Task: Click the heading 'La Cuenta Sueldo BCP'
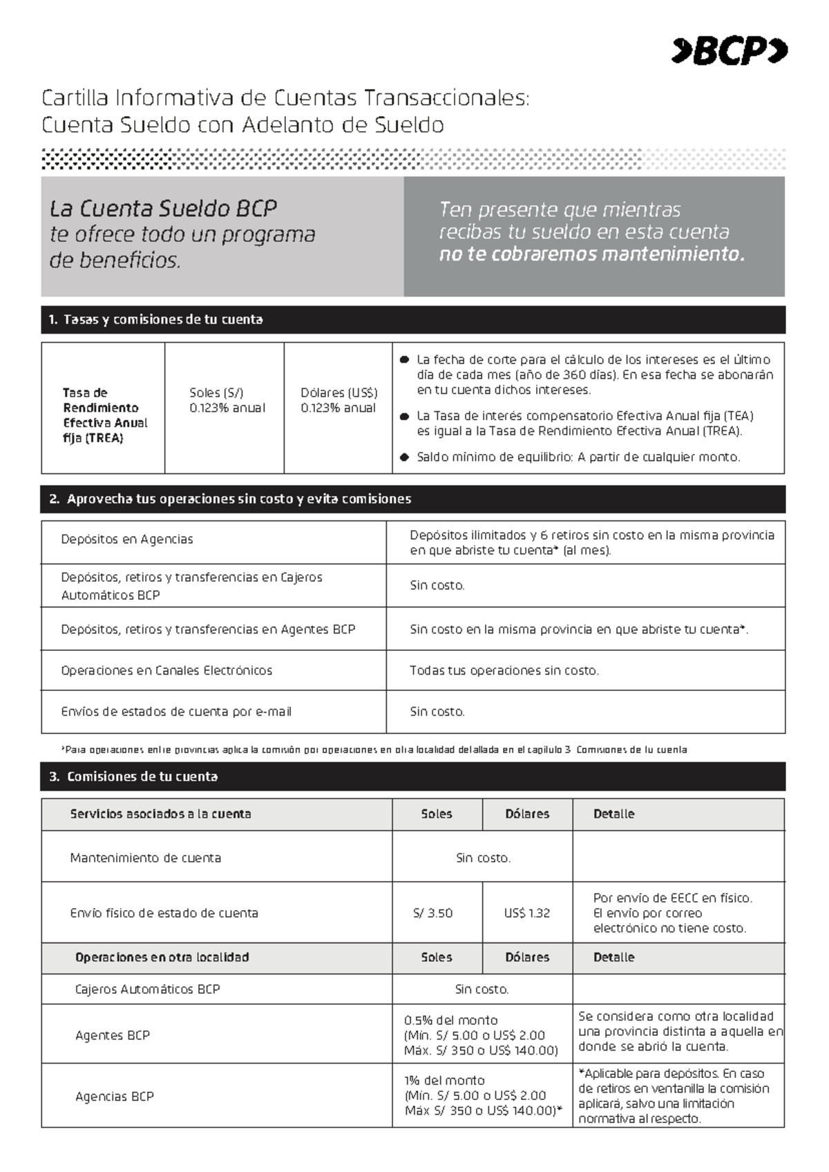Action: (163, 208)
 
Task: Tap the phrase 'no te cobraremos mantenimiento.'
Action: (592, 254)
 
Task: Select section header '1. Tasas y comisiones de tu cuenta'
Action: (156, 319)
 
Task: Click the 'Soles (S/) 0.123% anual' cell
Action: (227, 401)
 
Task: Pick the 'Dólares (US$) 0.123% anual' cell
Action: (339, 401)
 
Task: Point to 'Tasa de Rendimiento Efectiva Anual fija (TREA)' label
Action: (105, 415)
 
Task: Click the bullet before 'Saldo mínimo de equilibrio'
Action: (405, 457)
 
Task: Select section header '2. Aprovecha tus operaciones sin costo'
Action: (231, 499)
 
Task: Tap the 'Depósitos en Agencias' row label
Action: (127, 539)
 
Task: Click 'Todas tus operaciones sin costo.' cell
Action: (504, 670)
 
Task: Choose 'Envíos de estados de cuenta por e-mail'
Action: (176, 711)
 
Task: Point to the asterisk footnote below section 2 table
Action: (373, 750)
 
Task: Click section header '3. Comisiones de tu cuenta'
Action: (134, 776)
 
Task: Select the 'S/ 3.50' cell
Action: (433, 913)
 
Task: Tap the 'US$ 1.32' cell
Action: (526, 913)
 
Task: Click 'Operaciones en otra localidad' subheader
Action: (162, 957)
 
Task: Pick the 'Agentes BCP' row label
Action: (113, 1035)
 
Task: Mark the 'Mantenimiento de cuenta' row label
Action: (146, 858)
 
